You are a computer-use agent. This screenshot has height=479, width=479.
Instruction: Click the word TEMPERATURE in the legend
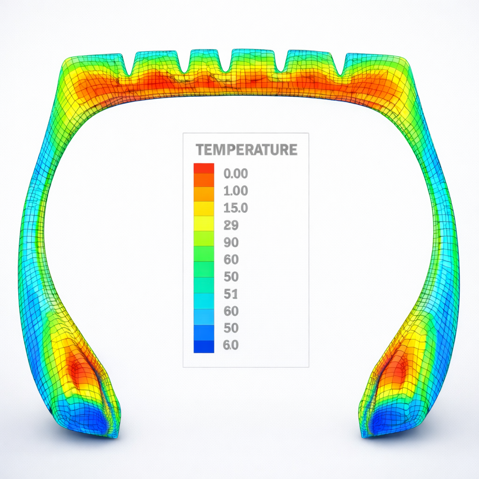coord(247,150)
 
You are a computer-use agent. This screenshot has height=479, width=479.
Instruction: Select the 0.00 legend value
coord(236,174)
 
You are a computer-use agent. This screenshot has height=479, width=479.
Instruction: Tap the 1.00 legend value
coord(236,191)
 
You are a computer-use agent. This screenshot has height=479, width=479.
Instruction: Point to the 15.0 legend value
coord(236,208)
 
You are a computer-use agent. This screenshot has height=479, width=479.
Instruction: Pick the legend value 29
coord(232,225)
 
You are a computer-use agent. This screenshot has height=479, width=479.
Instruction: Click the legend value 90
coord(232,242)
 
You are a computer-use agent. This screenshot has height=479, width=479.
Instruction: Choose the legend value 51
coord(232,294)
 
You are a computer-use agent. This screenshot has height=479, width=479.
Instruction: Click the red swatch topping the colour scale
coord(204,168)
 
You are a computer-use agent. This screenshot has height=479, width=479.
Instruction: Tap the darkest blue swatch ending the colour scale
coord(204,347)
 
